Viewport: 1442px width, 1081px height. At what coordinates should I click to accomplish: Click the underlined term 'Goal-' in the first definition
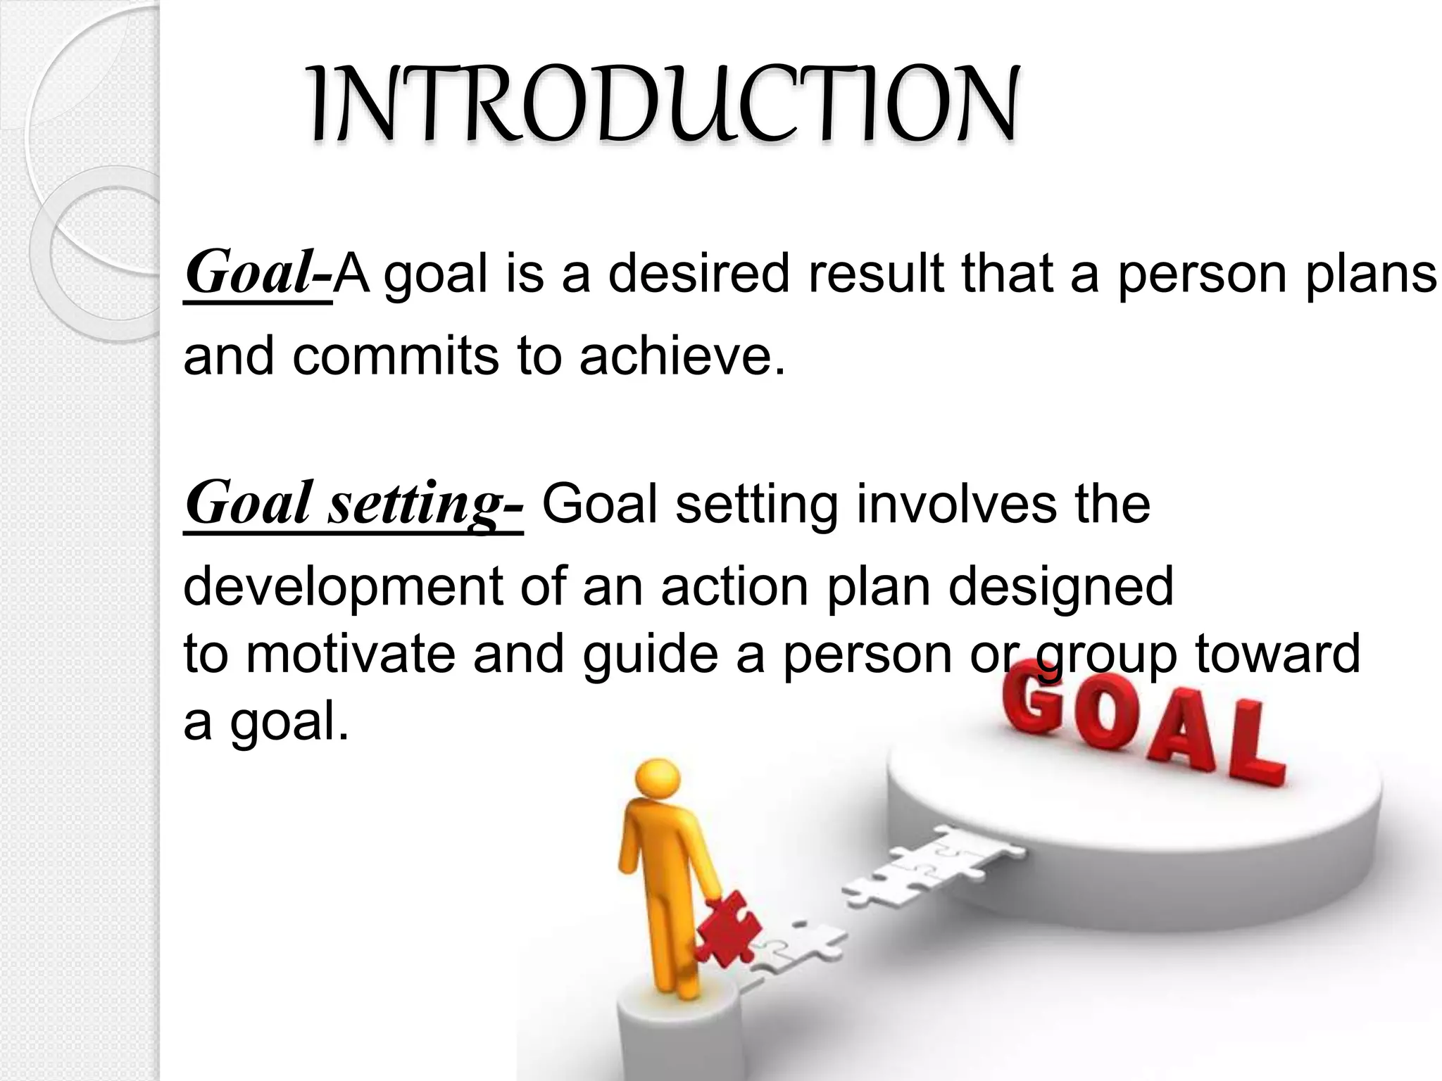(x=258, y=274)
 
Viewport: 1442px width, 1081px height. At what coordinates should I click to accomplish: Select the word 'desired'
(x=698, y=274)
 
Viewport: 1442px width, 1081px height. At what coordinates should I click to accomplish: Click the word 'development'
(x=344, y=587)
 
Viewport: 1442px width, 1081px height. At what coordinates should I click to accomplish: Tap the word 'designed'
(x=1061, y=587)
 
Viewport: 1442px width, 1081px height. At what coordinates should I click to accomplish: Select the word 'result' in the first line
(x=877, y=274)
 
